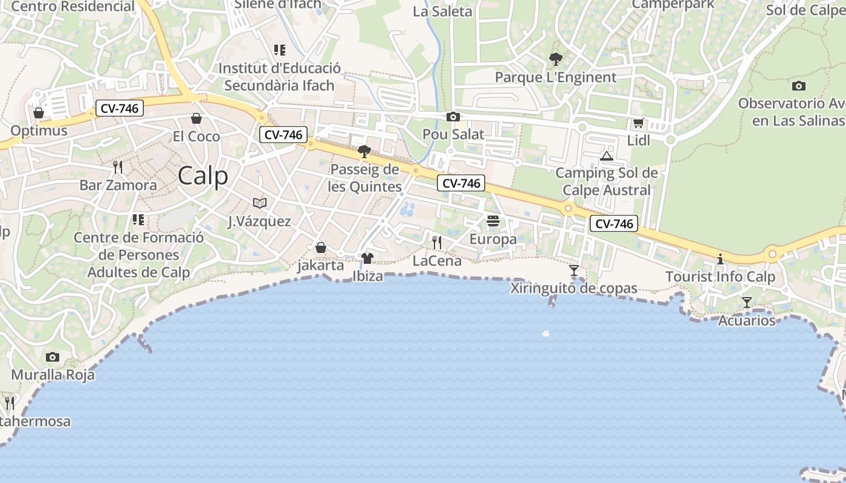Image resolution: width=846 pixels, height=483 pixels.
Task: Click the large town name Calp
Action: pos(203,176)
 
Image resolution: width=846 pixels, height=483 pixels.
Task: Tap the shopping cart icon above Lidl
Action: pos(638,123)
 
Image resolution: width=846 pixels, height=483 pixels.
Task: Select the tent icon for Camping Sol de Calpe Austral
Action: pos(607,156)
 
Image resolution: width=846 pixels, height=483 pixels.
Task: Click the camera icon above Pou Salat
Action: pos(453,117)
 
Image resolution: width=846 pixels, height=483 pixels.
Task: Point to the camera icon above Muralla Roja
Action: pos(53,357)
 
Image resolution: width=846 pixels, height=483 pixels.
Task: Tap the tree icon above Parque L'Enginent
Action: pos(555,59)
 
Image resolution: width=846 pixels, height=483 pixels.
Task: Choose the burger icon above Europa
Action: pos(493,221)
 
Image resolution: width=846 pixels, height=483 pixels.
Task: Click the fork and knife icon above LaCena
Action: pos(437,243)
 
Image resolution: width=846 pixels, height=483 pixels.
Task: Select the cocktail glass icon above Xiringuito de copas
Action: pos(574,270)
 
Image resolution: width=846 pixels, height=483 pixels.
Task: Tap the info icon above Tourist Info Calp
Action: pos(720,259)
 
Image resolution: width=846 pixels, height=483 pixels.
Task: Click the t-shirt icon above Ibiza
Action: pos(367,258)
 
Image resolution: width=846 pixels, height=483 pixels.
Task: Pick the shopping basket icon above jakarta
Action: pos(321,248)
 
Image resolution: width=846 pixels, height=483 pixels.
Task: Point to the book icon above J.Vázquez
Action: pos(260,203)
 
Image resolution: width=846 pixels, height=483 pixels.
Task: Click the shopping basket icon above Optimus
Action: pos(39,113)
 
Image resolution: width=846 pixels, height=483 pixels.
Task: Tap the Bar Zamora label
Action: pos(118,185)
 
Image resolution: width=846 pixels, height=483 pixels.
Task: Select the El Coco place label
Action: pos(196,136)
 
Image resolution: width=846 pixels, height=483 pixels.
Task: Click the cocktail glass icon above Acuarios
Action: pos(747,302)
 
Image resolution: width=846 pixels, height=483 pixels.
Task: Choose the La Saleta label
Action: pos(442,11)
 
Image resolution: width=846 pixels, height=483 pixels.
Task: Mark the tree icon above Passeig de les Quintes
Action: pos(364,151)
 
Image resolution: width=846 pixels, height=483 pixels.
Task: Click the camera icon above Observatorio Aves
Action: pos(799,86)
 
